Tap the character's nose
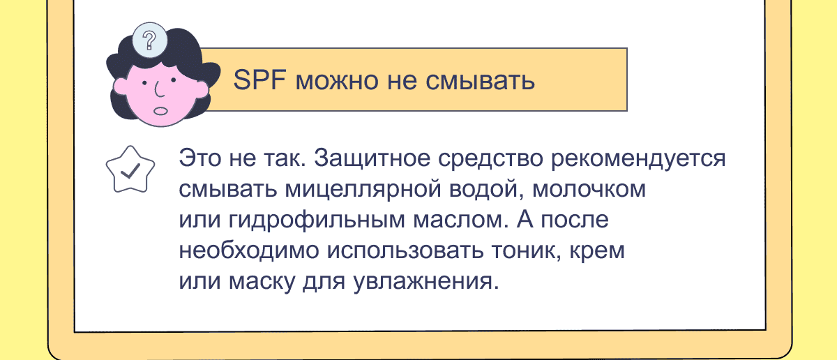coord(158,89)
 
